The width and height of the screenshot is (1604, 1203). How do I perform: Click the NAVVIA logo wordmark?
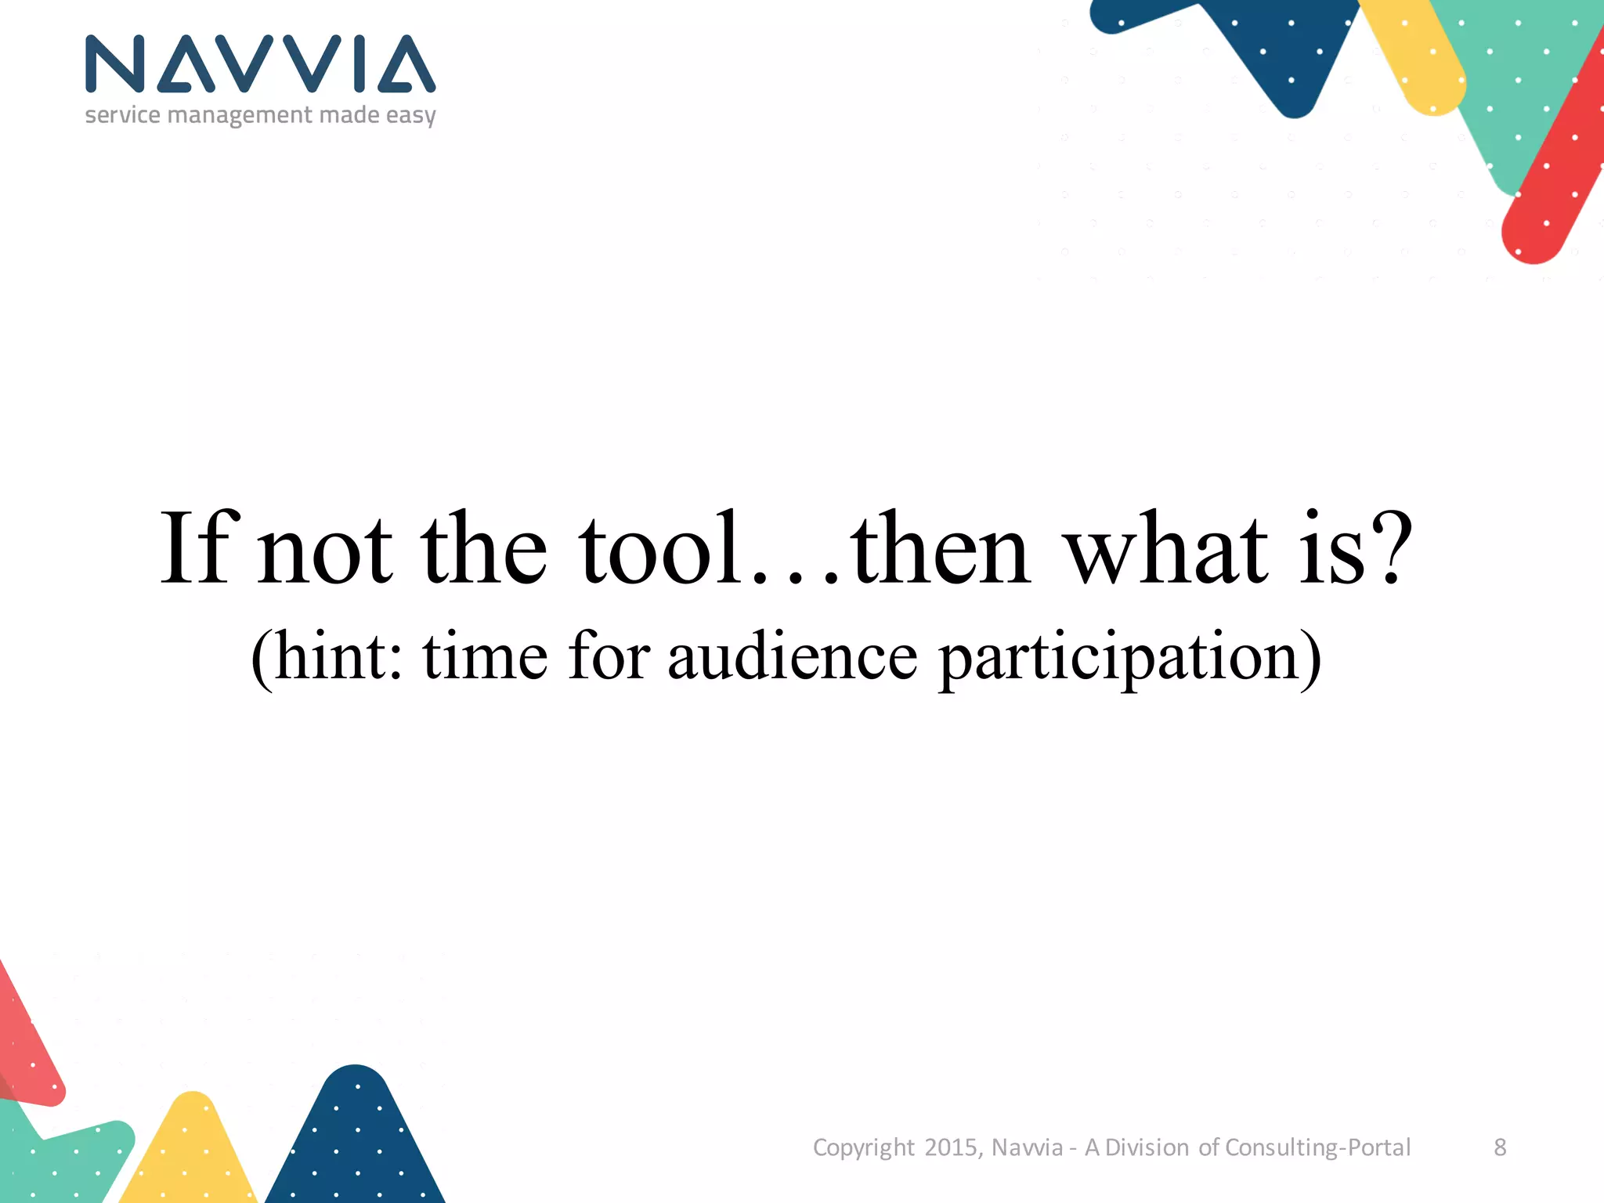pyautogui.click(x=260, y=64)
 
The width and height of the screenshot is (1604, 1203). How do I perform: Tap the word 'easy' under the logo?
pyautogui.click(x=410, y=116)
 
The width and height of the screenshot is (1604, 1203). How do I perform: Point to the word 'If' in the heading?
pyautogui.click(x=196, y=548)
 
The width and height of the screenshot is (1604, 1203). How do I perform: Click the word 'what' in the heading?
pyautogui.click(x=1167, y=548)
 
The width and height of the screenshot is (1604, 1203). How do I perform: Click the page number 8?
pyautogui.click(x=1500, y=1147)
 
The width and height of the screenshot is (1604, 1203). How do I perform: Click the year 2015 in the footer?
pyautogui.click(x=951, y=1147)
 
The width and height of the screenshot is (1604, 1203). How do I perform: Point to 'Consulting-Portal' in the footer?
pyautogui.click(x=1317, y=1147)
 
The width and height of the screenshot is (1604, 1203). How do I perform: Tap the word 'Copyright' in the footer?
pyautogui.click(x=863, y=1147)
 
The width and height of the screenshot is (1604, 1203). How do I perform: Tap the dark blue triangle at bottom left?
pyautogui.click(x=356, y=1143)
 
